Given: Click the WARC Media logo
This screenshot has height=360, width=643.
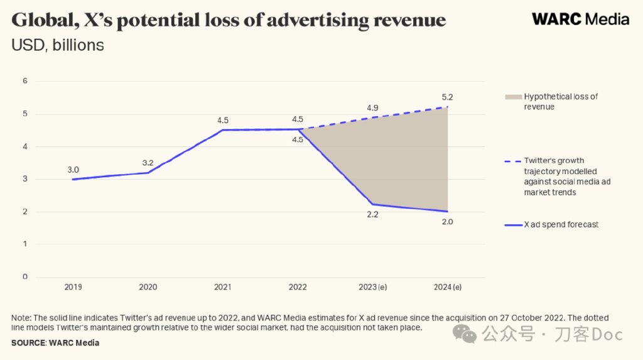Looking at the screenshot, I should pos(580,19).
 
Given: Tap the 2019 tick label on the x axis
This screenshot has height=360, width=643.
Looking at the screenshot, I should pos(73,287).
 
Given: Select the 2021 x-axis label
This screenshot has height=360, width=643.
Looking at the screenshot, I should pos(222,287).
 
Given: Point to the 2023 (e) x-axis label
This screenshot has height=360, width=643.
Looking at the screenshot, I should pos(373,287).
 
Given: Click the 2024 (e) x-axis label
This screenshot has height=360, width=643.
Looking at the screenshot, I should pos(448,287).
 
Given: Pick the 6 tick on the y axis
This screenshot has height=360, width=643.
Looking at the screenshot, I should pos(25,81).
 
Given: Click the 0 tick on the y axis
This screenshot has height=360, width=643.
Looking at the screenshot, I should pos(25,277).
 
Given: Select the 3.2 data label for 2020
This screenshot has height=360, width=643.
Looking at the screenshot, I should pos(149,163).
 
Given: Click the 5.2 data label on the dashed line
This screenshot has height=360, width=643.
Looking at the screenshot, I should pos(447,97).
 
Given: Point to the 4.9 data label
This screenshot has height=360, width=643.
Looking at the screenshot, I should pos(373,108).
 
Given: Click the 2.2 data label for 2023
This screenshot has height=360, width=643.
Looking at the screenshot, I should pos(373,215).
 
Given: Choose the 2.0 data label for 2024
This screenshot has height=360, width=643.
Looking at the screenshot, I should pos(447,222).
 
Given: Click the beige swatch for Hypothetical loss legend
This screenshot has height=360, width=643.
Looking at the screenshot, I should pos(512,97).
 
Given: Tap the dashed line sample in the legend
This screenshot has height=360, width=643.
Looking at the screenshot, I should pos(512,161).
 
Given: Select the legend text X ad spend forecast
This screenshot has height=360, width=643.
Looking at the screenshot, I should pos(561,224).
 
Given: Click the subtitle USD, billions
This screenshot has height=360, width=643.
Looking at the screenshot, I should pos(57,45).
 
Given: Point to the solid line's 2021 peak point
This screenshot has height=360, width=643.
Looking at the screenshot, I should pos(223,130).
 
